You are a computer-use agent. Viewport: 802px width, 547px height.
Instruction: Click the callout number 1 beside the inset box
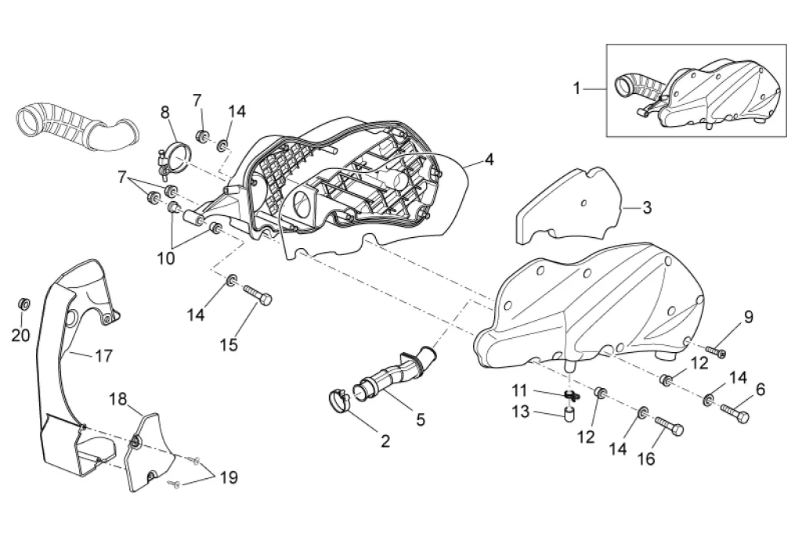pyautogui.click(x=577, y=88)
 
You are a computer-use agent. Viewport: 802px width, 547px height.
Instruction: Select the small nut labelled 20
pyautogui.click(x=23, y=303)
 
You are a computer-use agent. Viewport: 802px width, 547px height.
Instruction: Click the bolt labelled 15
pyautogui.click(x=257, y=295)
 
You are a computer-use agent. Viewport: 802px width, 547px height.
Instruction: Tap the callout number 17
pyautogui.click(x=104, y=356)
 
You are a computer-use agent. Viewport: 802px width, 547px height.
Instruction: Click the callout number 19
pyautogui.click(x=229, y=477)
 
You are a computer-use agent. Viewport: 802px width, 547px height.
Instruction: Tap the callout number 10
pyautogui.click(x=165, y=258)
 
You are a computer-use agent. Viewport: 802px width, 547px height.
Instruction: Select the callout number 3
pyautogui.click(x=646, y=207)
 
